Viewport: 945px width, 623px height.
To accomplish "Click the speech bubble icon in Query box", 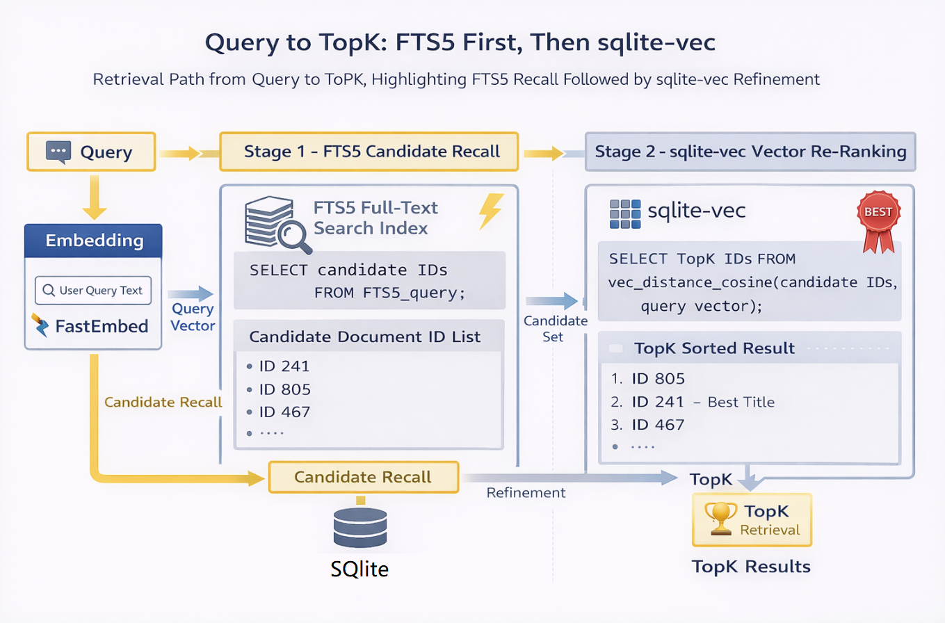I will (58, 152).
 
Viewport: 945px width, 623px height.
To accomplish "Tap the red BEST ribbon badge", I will (878, 221).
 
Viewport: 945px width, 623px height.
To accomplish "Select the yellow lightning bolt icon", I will (492, 211).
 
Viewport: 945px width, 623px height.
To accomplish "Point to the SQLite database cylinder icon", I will (360, 528).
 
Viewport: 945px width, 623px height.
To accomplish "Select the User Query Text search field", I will (92, 291).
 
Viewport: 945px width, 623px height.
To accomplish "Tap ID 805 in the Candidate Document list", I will (284, 389).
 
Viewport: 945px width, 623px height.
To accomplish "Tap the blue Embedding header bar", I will (94, 241).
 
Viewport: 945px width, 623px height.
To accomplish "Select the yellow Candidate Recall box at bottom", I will (363, 477).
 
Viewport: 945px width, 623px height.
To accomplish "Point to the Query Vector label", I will (193, 317).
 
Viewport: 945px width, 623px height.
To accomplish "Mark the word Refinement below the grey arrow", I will (526, 493).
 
